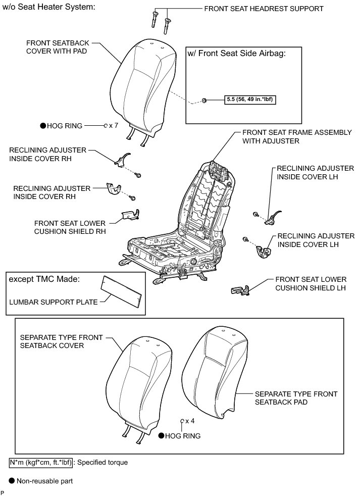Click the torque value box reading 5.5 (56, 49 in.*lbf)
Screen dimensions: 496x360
point(250,100)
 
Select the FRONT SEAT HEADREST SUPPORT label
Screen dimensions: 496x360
point(264,9)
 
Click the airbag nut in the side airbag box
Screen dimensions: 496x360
point(204,100)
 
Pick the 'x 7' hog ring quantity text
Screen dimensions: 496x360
point(113,125)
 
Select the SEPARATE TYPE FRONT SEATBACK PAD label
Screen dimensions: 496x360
point(296,398)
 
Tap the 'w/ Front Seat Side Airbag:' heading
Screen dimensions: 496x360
point(237,54)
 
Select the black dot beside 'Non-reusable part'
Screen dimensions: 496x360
point(12,481)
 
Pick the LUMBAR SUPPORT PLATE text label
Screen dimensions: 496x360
point(53,303)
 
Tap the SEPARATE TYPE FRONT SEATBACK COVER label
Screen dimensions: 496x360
point(52,341)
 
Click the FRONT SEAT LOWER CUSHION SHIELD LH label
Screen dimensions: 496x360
point(311,283)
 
